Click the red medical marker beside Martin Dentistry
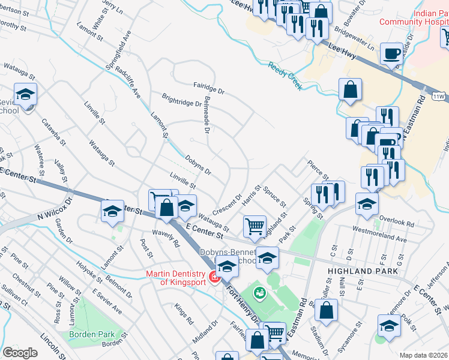coord(213,278)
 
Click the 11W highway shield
coord(438,96)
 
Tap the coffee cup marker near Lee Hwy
coord(393,54)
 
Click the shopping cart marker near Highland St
coord(255,226)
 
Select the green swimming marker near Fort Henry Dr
coord(259,293)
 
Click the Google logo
coord(20,353)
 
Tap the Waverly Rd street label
coord(166,239)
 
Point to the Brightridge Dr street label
coord(182,99)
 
